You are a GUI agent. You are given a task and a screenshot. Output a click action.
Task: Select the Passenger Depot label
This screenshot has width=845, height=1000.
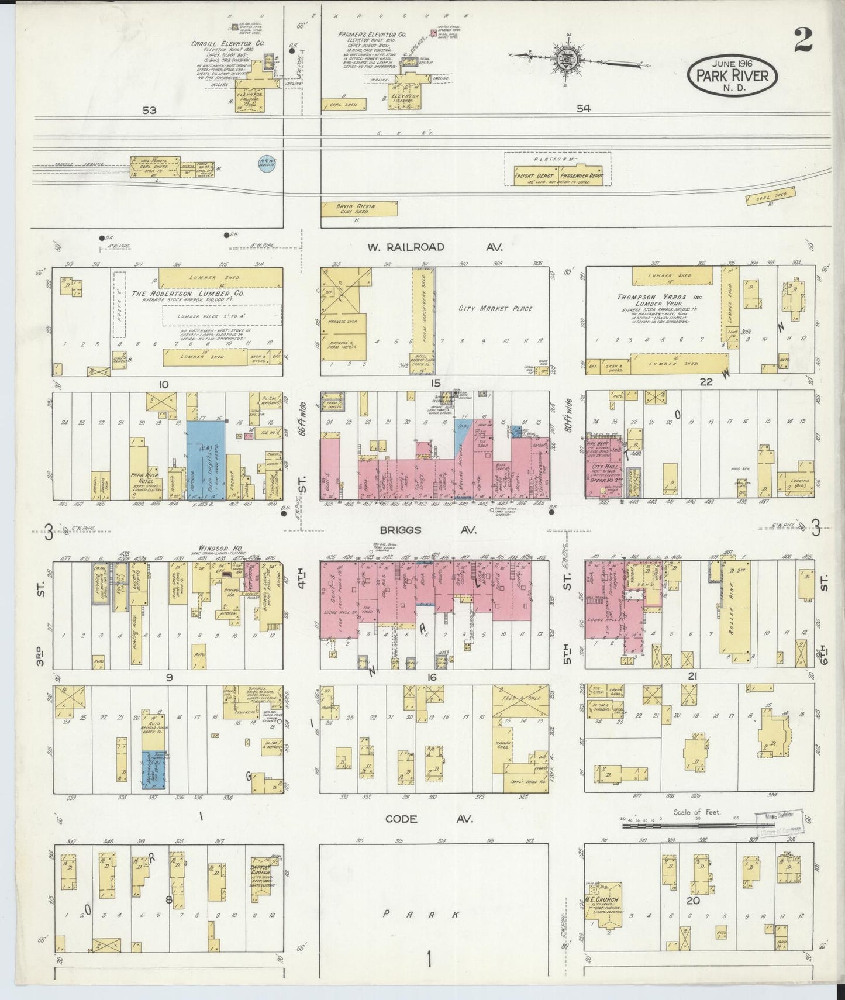click(581, 175)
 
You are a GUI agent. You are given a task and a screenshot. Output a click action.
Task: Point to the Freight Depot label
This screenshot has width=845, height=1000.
click(533, 175)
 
